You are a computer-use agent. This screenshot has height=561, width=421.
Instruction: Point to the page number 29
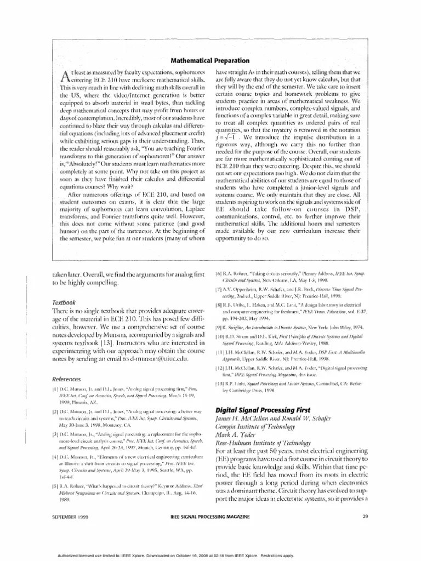pos(365,517)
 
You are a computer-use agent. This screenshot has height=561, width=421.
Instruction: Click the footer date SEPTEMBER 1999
pos(72,517)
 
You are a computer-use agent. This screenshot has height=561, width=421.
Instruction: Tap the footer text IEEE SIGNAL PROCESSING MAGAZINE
pos(210,517)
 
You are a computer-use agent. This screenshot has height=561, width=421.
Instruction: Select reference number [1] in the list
pos(55,374)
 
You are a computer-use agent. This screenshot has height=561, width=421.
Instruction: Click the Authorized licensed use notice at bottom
pos(210,553)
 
